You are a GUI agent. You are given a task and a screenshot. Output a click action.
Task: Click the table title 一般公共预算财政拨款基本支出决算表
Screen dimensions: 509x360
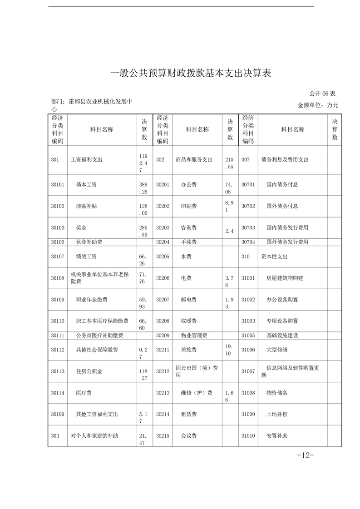tap(191, 73)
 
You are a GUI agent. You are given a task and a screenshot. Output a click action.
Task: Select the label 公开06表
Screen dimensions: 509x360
tap(322, 94)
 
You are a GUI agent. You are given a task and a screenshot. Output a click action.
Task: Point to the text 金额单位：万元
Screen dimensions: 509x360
tap(318, 105)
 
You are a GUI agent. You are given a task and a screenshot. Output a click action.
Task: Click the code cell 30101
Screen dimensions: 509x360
tap(58, 185)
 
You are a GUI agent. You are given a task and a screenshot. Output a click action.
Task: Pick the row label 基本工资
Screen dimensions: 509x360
tap(86, 185)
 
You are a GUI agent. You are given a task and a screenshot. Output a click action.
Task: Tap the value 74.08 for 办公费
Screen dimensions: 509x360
tap(230, 188)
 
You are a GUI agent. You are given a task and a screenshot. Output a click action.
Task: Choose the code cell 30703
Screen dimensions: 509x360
tap(248, 227)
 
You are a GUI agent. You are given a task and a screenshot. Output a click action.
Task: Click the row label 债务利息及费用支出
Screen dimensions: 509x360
tap(285, 160)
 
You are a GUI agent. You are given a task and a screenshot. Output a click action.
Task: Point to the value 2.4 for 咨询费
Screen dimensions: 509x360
tap(229, 231)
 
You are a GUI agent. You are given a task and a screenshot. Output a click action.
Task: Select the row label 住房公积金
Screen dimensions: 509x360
tap(89, 371)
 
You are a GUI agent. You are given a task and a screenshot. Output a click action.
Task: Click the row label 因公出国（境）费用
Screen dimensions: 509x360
tap(196, 371)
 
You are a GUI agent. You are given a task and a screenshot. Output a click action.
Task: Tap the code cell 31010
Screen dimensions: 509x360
tap(248, 436)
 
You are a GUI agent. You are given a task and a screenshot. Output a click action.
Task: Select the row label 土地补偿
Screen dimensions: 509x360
tap(276, 414)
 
